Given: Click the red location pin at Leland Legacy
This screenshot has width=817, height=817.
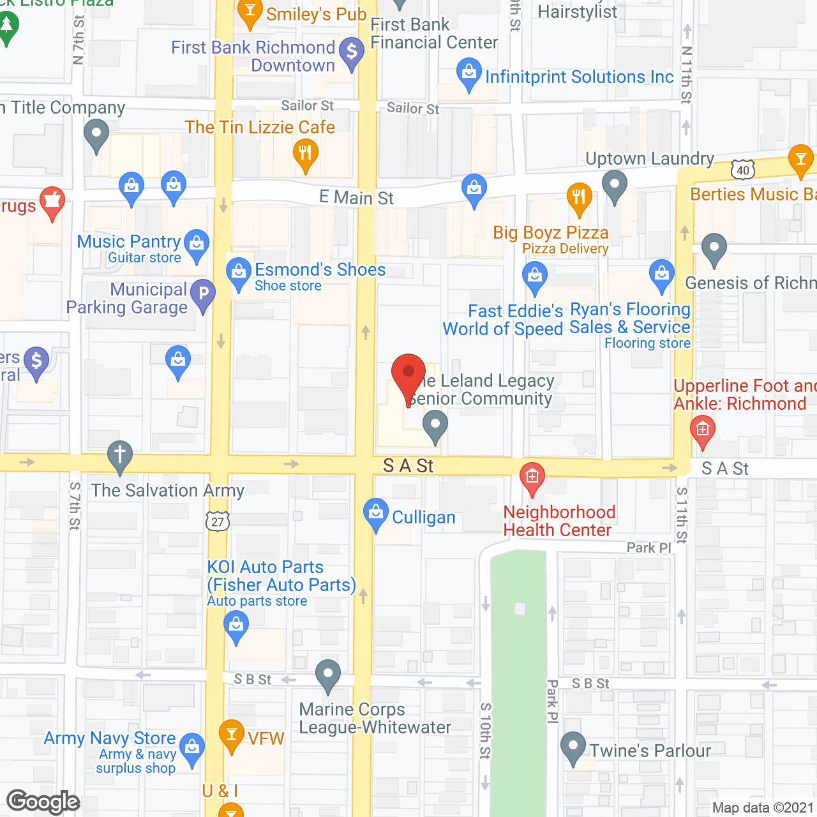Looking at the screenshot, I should click(x=408, y=373).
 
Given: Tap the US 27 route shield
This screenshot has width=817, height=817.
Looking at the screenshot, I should click(x=218, y=521).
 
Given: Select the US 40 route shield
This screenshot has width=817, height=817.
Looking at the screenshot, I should click(x=742, y=170).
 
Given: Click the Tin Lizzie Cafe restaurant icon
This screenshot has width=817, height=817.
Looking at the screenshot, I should click(x=306, y=154).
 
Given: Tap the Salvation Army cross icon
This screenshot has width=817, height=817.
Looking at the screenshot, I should click(x=119, y=456).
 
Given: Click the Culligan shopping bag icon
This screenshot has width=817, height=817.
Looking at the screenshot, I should click(x=376, y=513).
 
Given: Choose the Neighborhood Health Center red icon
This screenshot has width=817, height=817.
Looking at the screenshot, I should click(x=532, y=476).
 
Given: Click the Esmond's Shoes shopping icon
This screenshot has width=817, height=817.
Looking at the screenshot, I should click(x=239, y=272).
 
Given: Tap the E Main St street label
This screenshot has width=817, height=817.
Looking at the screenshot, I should click(x=356, y=198).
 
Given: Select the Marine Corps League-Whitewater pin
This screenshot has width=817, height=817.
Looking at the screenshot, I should click(x=328, y=674).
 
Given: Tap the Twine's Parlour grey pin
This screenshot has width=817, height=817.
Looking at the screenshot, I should click(x=573, y=746).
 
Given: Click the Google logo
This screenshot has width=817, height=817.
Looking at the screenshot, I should click(x=43, y=802).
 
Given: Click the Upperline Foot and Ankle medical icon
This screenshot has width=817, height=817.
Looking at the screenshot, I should click(x=703, y=430).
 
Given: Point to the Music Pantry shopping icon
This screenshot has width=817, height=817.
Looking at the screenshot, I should click(x=197, y=244).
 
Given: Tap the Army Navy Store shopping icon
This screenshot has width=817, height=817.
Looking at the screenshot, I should click(x=192, y=747).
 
